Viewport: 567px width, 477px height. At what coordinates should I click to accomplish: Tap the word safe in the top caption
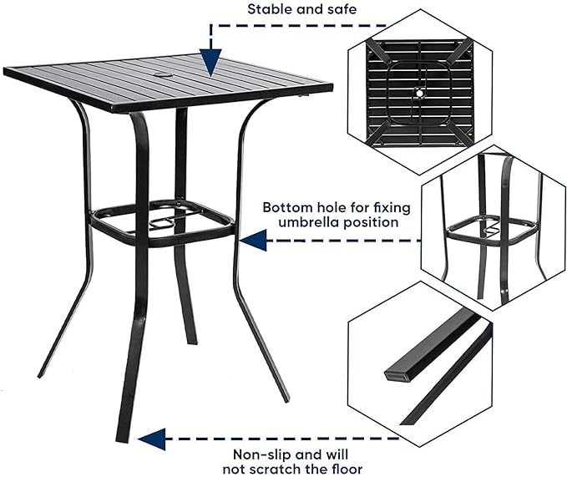(340, 10)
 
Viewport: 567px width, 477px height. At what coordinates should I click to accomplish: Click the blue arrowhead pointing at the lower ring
(254, 241)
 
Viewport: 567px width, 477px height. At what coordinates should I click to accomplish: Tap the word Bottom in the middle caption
(285, 206)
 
